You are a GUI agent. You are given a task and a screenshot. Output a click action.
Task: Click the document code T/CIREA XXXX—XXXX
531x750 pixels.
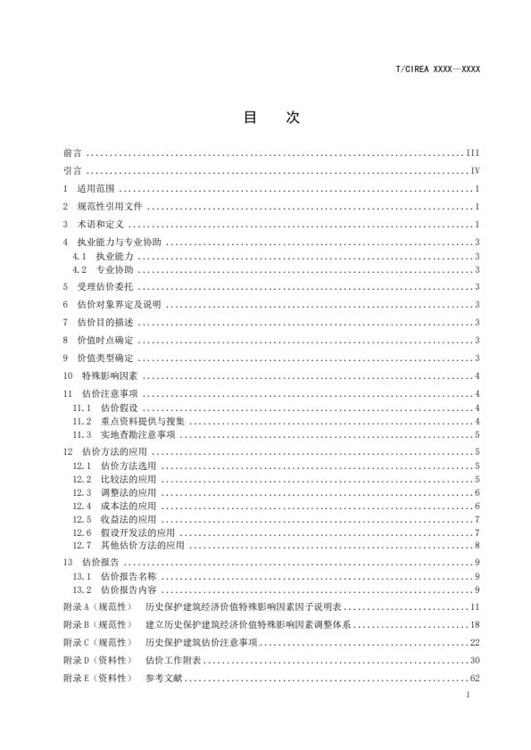(x=437, y=69)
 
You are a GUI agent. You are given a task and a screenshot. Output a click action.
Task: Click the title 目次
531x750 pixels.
(x=266, y=118)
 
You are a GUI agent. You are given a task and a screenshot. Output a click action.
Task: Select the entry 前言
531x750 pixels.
(x=73, y=153)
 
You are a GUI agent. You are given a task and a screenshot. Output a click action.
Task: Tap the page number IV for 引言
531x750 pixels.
(x=476, y=170)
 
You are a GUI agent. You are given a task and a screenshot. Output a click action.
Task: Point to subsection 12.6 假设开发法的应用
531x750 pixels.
(x=124, y=532)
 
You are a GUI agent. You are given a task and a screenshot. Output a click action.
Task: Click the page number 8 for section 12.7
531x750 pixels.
(x=478, y=545)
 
